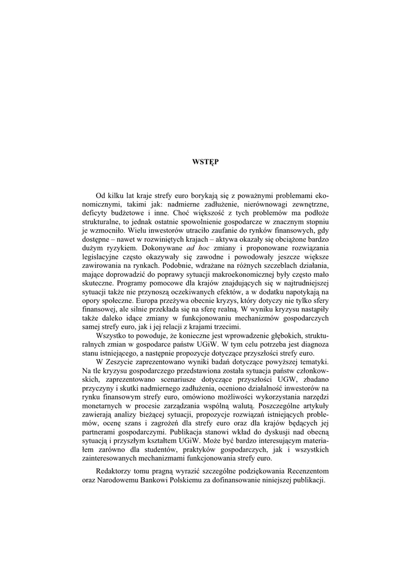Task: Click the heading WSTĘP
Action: coord(205,162)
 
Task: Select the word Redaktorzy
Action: coord(116,471)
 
